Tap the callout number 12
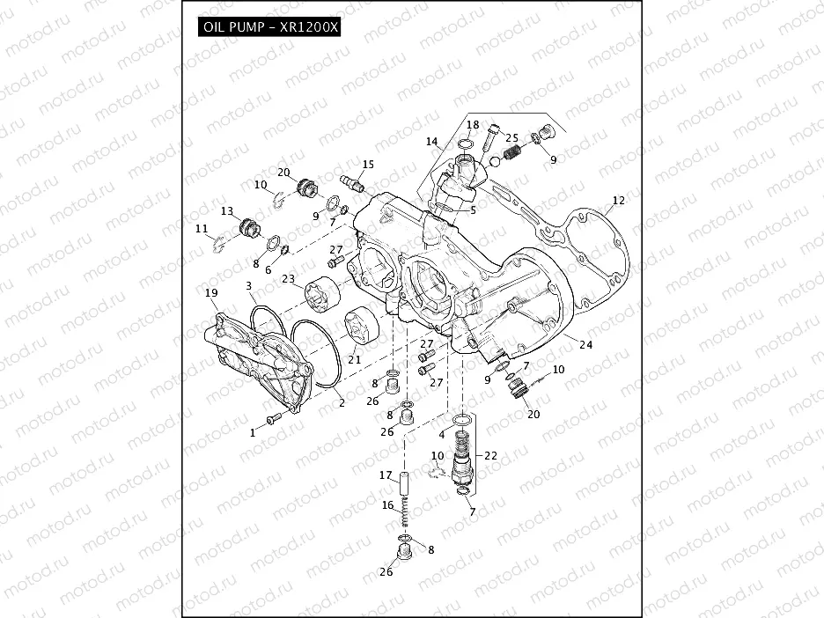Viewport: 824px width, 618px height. click(618, 201)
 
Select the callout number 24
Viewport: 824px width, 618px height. click(585, 345)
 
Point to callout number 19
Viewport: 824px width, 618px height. click(210, 292)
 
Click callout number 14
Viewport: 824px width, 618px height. click(431, 142)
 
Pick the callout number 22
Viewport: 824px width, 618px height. click(490, 455)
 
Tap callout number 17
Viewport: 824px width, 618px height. click(385, 476)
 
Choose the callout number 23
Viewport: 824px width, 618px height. click(288, 279)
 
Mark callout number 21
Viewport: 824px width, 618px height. click(355, 359)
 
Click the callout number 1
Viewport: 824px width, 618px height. click(252, 432)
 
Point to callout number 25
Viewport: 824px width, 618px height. click(511, 139)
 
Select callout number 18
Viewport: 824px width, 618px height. click(473, 125)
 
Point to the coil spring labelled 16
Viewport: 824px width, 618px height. click(402, 515)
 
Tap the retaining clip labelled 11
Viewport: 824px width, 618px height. click(219, 242)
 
